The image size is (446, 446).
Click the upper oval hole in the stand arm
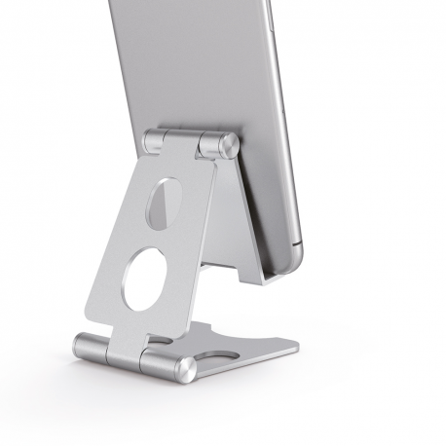pyautogui.click(x=161, y=203)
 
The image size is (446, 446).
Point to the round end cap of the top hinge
pyautogui.click(x=229, y=147)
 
